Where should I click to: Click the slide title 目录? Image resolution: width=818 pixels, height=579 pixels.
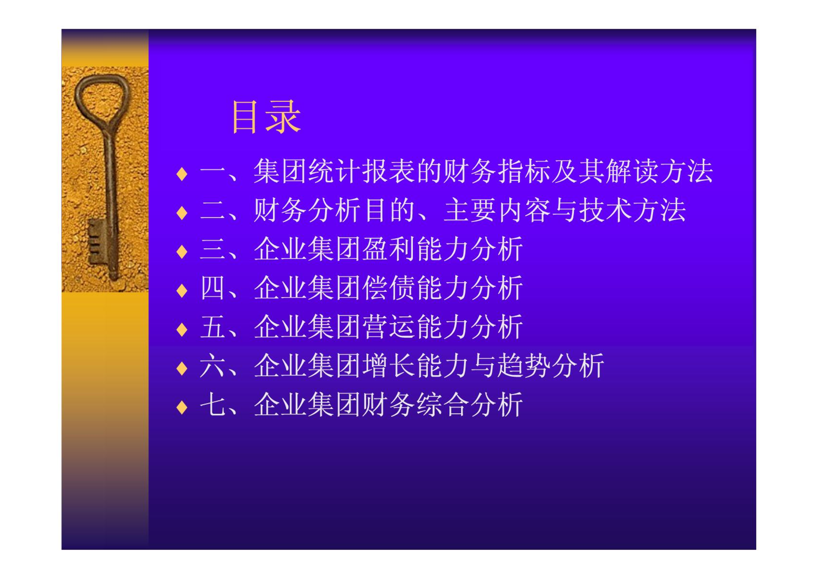click(266, 117)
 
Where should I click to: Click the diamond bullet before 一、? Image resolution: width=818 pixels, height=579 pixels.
click(182, 174)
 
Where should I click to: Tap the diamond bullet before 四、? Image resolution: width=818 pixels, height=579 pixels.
click(182, 291)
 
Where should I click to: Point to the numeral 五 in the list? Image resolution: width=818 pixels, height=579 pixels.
click(212, 327)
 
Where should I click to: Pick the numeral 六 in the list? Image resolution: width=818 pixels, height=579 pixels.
click(212, 366)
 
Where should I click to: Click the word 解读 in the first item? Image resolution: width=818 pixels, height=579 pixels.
click(632, 171)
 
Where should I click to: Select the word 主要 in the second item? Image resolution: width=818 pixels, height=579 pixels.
click(470, 210)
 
